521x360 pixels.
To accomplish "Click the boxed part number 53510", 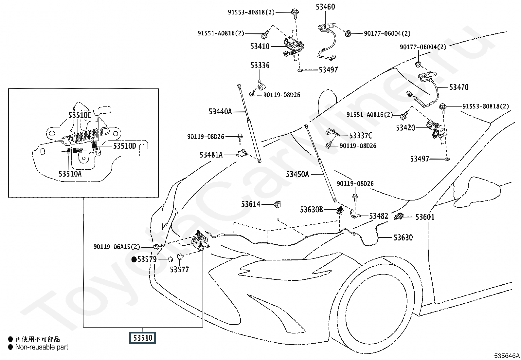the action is pyautogui.click(x=143, y=338).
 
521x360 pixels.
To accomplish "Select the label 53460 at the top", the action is pyautogui.click(x=325, y=7).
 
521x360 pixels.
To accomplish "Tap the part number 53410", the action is pyautogui.click(x=260, y=46).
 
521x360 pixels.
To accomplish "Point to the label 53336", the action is pyautogui.click(x=260, y=66).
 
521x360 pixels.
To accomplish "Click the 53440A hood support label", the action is pyautogui.click(x=220, y=112).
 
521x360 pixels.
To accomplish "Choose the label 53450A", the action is pyautogui.click(x=297, y=174).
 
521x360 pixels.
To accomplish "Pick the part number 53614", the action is pyautogui.click(x=250, y=204).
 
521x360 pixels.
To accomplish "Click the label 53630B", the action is pyautogui.click(x=312, y=210).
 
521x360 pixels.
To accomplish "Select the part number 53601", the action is pyautogui.click(x=425, y=217).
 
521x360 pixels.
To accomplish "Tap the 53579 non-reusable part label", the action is pyautogui.click(x=147, y=259).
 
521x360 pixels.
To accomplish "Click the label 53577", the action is pyautogui.click(x=179, y=269).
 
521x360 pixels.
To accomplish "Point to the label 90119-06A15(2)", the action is pyautogui.click(x=117, y=247).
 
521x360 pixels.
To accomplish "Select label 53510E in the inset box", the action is pyautogui.click(x=80, y=115).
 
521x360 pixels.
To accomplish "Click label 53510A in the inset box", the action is pyautogui.click(x=70, y=174).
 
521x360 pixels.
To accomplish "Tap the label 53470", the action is pyautogui.click(x=459, y=87).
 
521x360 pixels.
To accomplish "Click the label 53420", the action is pyautogui.click(x=405, y=128).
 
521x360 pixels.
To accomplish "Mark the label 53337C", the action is pyautogui.click(x=361, y=136).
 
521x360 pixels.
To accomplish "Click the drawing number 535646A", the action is pyautogui.click(x=507, y=355).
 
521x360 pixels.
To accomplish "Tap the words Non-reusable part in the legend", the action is pyautogui.click(x=42, y=347).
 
